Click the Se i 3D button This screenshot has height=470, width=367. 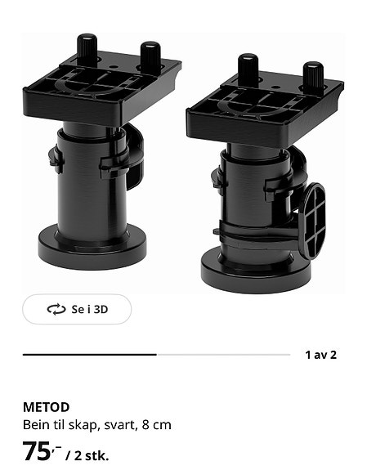click(x=77, y=309)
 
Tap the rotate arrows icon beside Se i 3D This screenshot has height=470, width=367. click(x=56, y=309)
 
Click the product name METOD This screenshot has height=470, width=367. click(x=46, y=407)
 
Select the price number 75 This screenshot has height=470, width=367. click(x=37, y=450)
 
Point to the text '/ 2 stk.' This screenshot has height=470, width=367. click(x=87, y=455)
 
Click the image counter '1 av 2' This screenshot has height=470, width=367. click(x=320, y=355)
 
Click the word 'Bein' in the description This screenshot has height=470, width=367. click(x=35, y=425)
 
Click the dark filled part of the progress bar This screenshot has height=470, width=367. click(x=89, y=355)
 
